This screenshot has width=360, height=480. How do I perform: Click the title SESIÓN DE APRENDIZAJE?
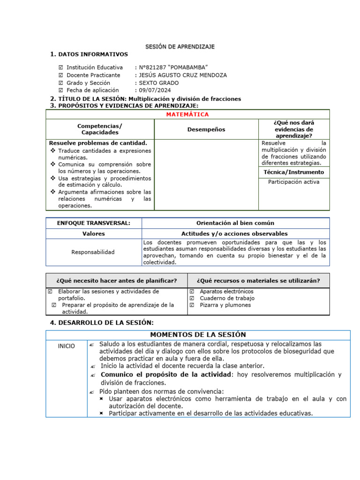(180, 47)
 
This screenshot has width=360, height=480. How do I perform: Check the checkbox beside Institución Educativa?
(60, 68)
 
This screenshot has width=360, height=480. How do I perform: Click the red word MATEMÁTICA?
(187, 114)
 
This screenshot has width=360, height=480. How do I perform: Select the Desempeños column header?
(206, 129)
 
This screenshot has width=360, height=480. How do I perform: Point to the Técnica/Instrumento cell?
(294, 172)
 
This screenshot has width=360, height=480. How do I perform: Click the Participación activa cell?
(294, 182)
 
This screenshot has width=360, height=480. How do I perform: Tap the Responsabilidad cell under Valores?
(93, 252)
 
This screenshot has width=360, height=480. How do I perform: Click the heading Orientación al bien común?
(235, 223)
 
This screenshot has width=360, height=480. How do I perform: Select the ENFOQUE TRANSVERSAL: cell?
(93, 223)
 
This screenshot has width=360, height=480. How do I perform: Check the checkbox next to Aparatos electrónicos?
(192, 292)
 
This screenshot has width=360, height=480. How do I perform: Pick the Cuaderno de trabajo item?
(227, 298)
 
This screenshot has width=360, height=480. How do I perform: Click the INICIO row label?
(66, 346)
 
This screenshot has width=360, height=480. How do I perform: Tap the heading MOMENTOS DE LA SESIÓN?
(197, 335)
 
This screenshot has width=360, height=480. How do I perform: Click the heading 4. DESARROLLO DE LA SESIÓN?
(102, 322)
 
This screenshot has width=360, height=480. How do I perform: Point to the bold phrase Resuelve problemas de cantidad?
(98, 143)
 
